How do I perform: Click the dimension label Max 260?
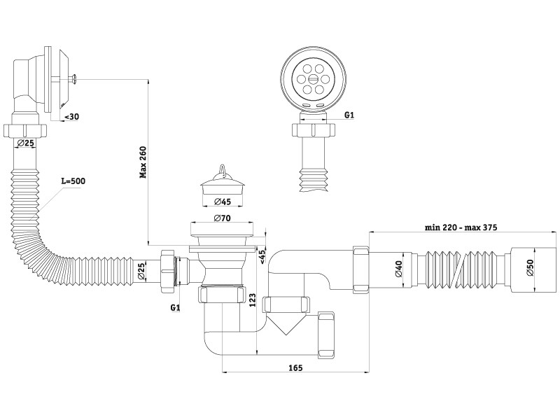[x=143, y=163]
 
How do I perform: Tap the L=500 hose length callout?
[x=73, y=181]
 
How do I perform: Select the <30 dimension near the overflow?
[x=71, y=118]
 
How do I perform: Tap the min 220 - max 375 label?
[x=462, y=227]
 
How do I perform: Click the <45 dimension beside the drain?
[x=262, y=255]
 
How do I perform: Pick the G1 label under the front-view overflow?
[x=349, y=115]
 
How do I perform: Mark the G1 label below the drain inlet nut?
[x=176, y=307]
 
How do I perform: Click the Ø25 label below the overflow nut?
[x=25, y=143]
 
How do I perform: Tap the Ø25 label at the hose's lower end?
[x=141, y=271]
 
